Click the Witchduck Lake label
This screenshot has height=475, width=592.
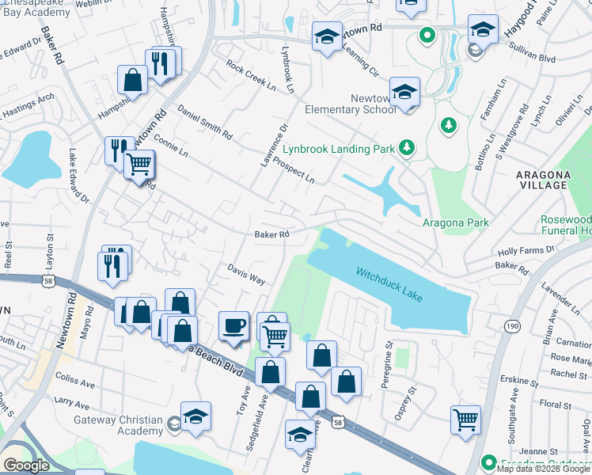[389, 284]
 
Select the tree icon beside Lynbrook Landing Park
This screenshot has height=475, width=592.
[407, 147]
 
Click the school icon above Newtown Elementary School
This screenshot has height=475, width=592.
[404, 92]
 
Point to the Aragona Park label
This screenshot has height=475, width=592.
[456, 223]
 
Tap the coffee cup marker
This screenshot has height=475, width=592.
[233, 325]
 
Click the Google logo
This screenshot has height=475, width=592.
[26, 465]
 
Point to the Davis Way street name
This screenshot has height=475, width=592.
[246, 275]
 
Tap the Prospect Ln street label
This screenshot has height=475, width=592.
[294, 169]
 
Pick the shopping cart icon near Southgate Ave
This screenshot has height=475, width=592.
[465, 419]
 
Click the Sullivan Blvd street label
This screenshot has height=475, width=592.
[515, 58]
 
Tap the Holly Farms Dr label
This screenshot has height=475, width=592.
[526, 250]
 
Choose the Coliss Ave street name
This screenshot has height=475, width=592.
[74, 385]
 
